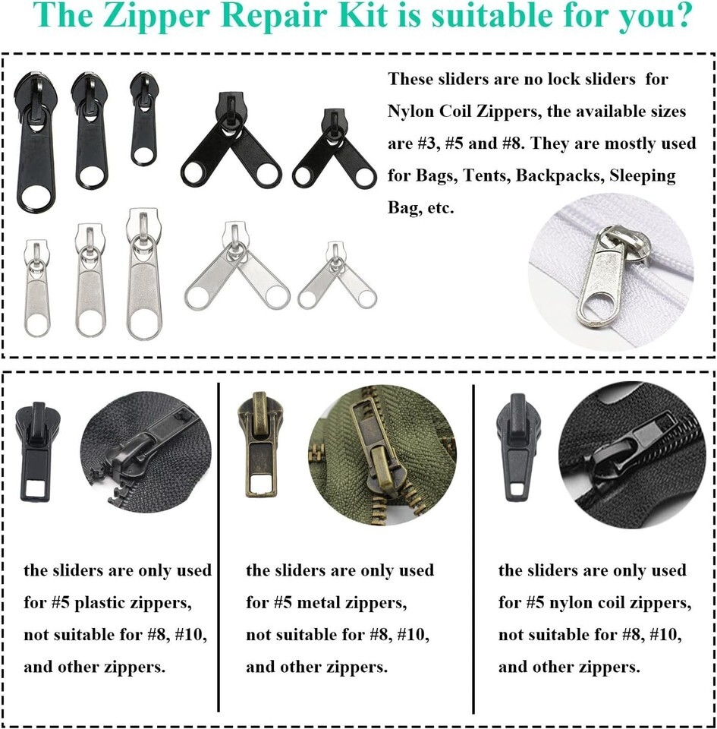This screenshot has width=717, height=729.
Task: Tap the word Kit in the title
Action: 363,15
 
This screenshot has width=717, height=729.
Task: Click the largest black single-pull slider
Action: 36,142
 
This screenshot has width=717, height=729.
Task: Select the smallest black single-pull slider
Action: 143,119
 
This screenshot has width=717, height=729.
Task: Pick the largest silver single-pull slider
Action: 144,274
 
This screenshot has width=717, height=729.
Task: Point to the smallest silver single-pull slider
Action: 36,288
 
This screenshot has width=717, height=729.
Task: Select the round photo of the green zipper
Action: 382,456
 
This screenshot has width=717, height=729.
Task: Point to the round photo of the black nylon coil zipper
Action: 633,456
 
